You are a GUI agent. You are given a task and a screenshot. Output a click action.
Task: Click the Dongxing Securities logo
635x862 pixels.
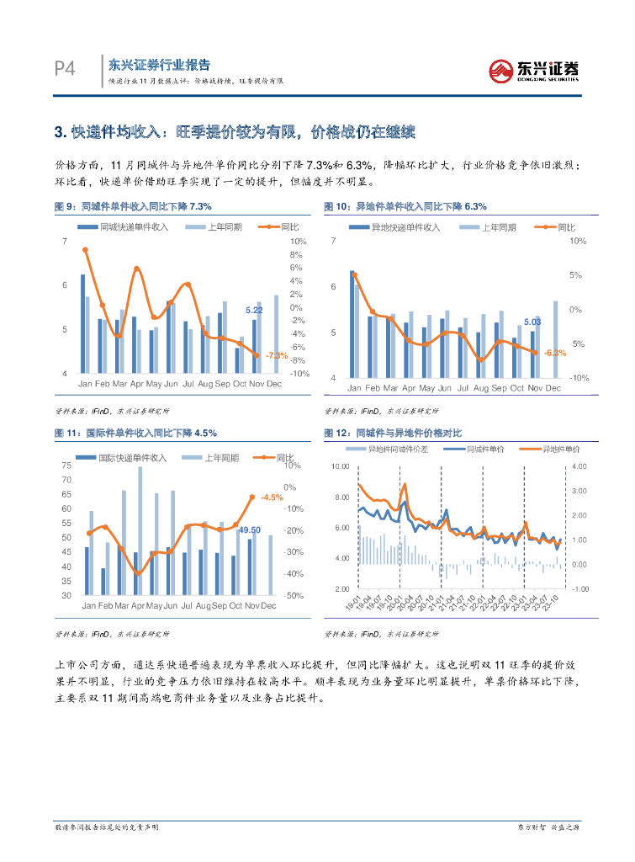(x=534, y=70)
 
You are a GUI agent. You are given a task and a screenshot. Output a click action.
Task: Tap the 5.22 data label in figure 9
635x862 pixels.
(x=254, y=311)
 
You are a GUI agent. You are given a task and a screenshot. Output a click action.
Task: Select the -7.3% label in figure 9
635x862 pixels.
(x=276, y=355)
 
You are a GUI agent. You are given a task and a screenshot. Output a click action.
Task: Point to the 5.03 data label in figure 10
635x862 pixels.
(x=532, y=322)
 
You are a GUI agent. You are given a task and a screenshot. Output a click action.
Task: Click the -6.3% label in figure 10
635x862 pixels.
(x=554, y=353)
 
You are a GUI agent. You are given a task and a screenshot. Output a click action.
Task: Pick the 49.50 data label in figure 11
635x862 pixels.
(x=250, y=529)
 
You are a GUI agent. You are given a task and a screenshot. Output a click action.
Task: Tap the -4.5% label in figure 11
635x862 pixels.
(x=271, y=498)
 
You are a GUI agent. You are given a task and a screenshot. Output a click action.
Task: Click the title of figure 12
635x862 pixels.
(x=393, y=433)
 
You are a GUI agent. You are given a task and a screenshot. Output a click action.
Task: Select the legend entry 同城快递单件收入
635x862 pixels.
(x=135, y=227)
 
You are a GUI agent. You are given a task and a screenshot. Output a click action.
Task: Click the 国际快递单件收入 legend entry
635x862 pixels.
(x=133, y=457)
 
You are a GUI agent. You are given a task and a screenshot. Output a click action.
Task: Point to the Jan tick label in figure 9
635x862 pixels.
(x=86, y=384)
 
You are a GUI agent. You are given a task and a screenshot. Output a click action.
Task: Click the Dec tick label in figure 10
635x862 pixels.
(x=553, y=388)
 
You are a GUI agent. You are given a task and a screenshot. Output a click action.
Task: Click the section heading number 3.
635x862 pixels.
(x=59, y=132)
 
